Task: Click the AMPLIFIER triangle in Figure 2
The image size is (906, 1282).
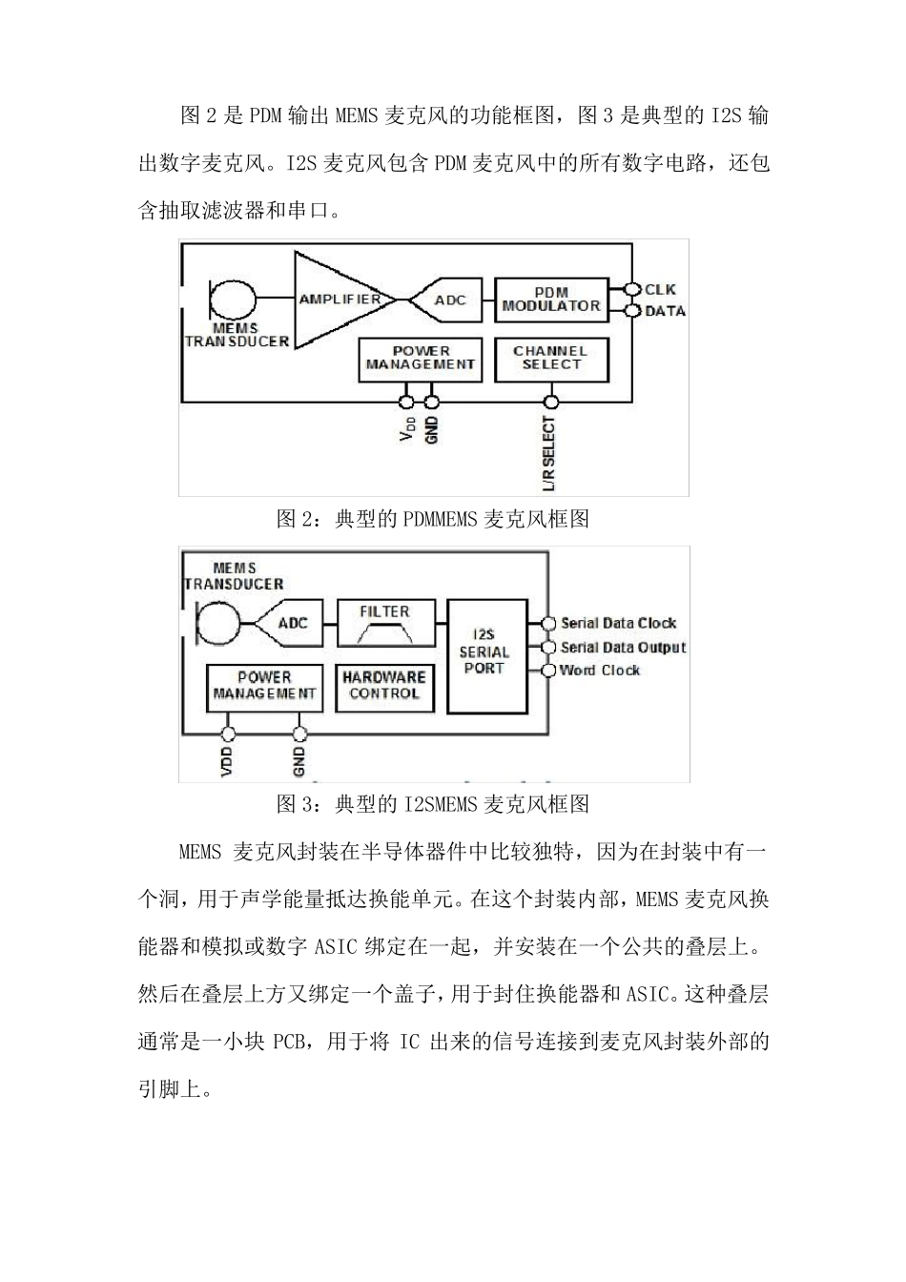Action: coord(339,300)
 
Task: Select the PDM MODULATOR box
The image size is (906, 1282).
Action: coord(551,300)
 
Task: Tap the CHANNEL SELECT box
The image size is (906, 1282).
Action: coord(550,359)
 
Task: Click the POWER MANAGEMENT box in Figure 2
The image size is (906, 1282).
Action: coord(421,359)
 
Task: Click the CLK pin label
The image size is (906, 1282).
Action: coord(660,289)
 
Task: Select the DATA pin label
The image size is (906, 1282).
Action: coord(665,311)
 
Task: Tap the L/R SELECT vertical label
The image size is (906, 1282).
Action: coord(549,454)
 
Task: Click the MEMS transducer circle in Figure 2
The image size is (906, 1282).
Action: coord(233,299)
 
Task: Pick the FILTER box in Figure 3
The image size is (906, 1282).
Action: coord(385,624)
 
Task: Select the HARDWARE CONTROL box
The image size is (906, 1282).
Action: coord(384,687)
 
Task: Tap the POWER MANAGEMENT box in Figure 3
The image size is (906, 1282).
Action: coord(264,687)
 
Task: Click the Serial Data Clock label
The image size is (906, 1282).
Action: coord(618,624)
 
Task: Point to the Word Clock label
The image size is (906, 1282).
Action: coord(600,671)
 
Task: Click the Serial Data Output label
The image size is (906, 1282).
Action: coord(623,648)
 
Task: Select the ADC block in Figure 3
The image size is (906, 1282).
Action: coord(290,624)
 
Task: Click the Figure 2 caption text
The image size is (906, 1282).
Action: coord(432,519)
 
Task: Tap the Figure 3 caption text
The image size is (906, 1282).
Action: coord(432,804)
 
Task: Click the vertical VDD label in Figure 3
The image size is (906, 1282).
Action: coord(227,762)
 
